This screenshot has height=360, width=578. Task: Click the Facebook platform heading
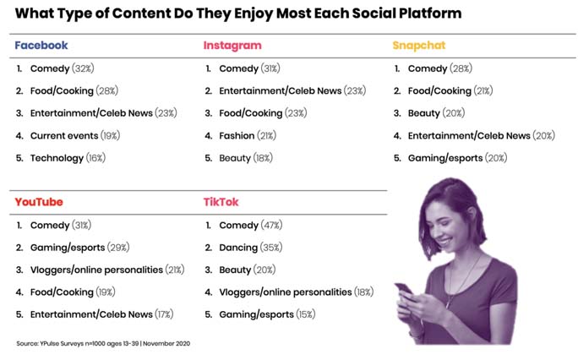[x=41, y=45]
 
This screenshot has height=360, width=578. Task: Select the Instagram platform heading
[x=232, y=45]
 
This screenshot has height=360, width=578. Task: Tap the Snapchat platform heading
[x=418, y=45]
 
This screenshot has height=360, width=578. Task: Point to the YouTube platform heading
[x=39, y=202]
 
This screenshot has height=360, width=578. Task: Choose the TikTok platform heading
[x=222, y=202]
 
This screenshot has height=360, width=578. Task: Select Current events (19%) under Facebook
[x=74, y=135]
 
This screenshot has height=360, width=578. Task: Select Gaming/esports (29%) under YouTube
[x=78, y=248]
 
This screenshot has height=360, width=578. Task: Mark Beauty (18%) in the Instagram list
[x=245, y=157]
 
